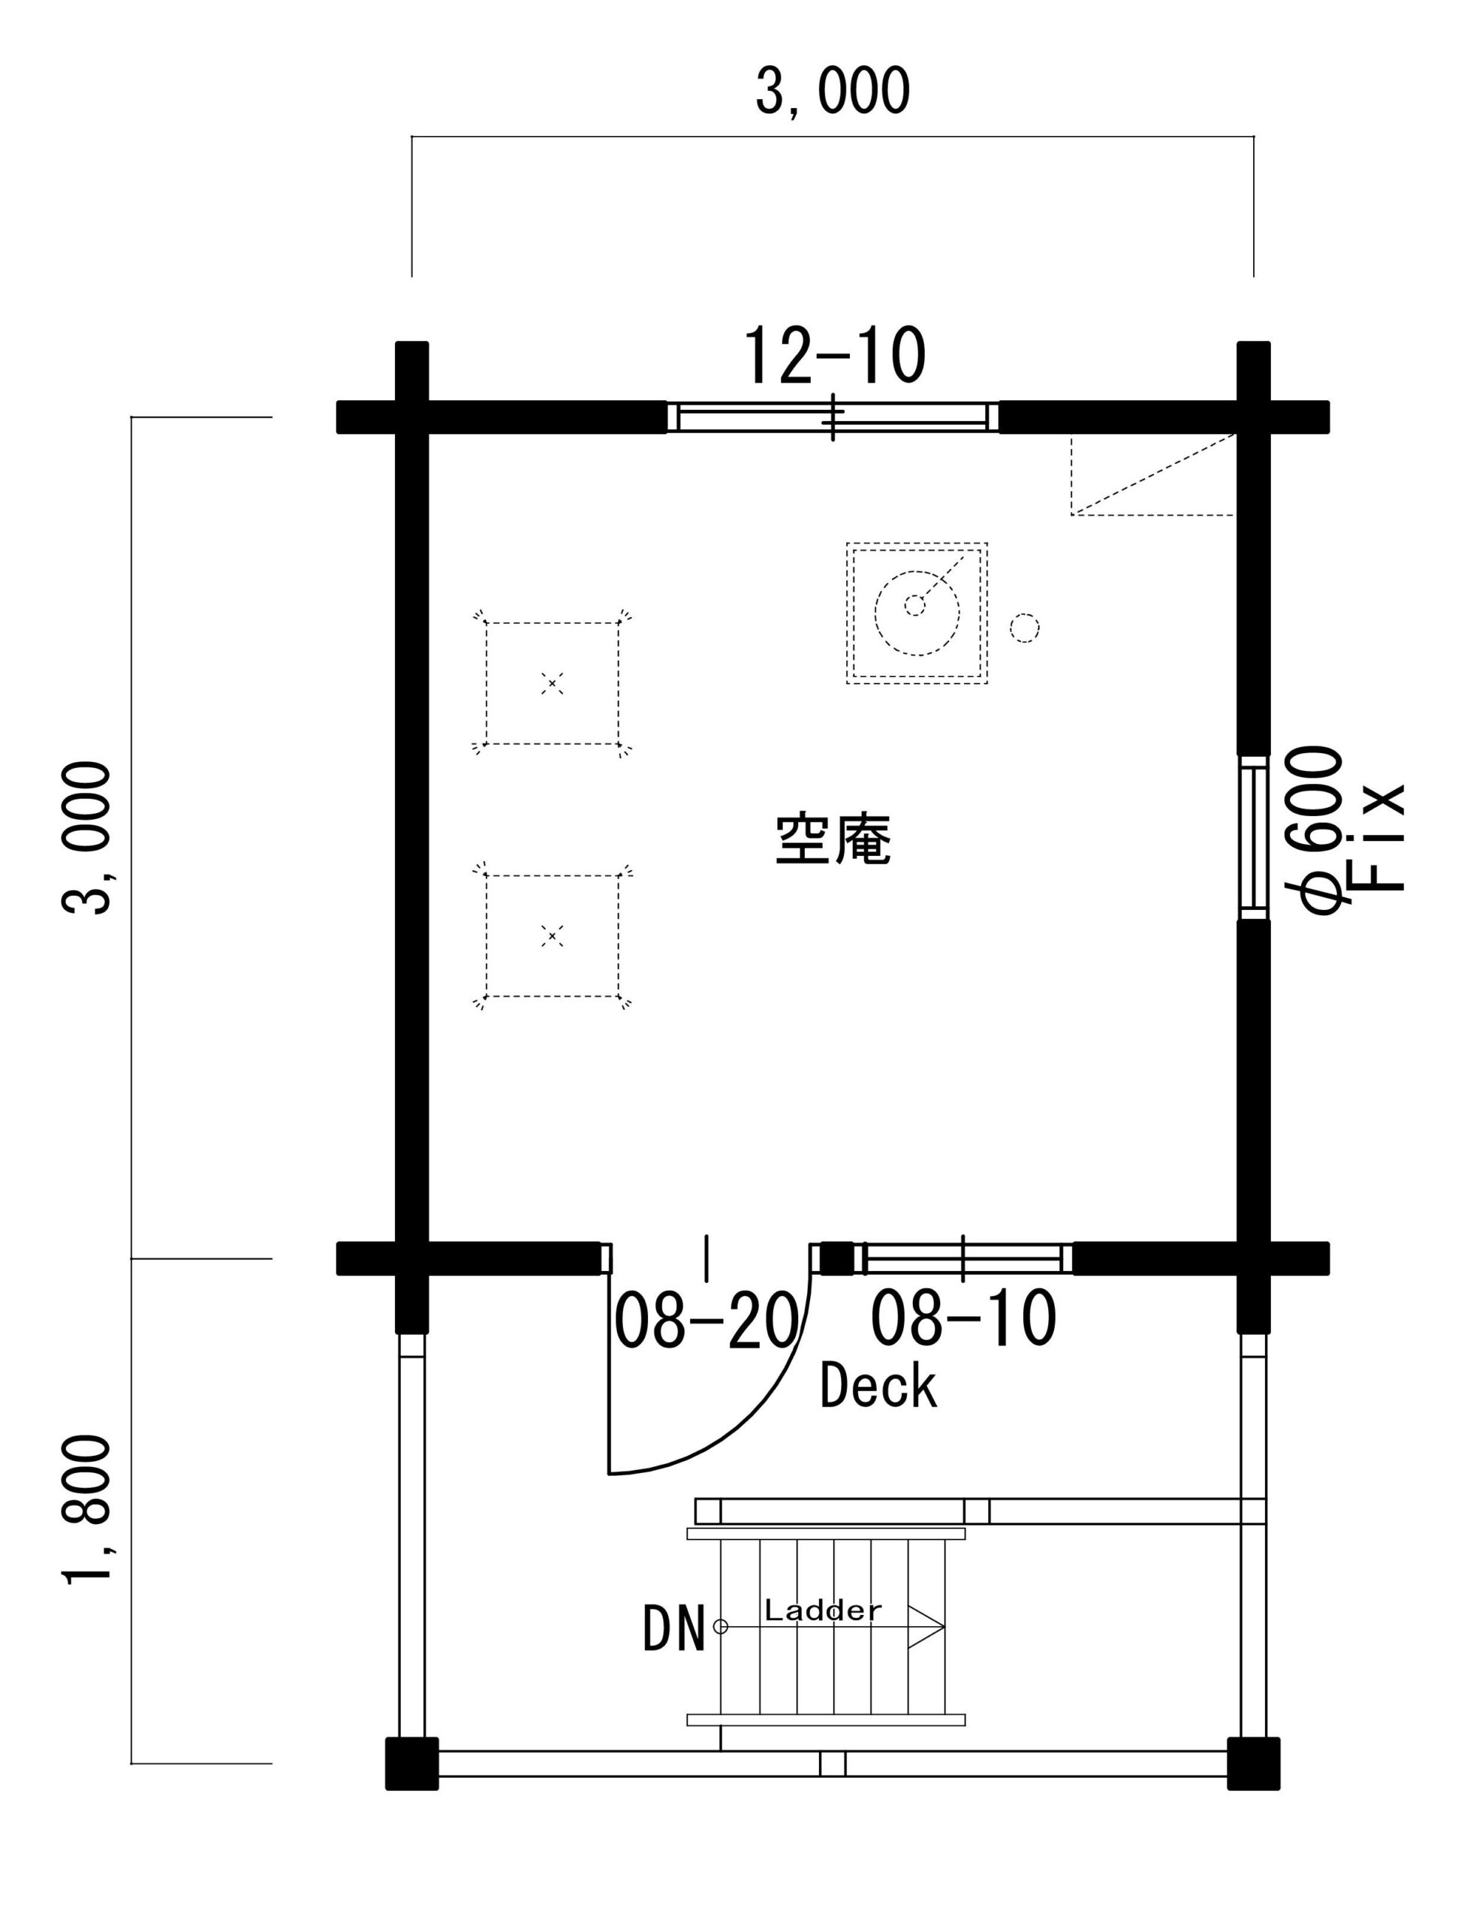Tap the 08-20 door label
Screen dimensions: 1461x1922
pyautogui.click(x=706, y=1319)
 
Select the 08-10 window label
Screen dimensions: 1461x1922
pyautogui.click(x=963, y=1319)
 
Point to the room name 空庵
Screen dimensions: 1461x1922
pyautogui.click(x=833, y=839)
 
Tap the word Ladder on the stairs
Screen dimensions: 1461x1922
pyautogui.click(x=823, y=1610)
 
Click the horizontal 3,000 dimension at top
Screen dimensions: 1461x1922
pyautogui.click(x=833, y=90)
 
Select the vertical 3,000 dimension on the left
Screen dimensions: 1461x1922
pyautogui.click(x=87, y=838)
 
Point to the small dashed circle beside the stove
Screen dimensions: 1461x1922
pyautogui.click(x=1025, y=628)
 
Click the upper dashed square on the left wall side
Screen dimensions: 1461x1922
pyautogui.click(x=553, y=683)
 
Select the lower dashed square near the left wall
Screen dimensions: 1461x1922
pyautogui.click(x=553, y=935)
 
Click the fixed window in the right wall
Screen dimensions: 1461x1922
pyautogui.click(x=1253, y=838)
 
